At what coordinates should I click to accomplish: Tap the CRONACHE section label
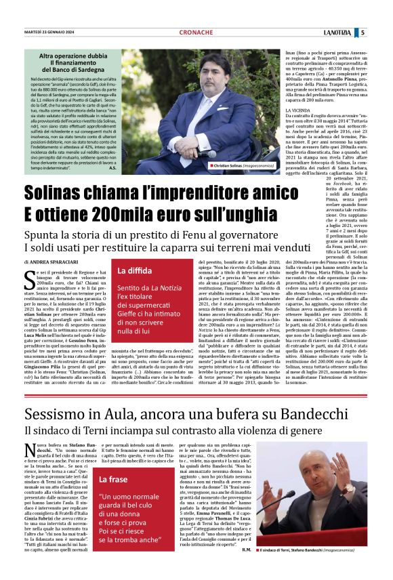[196, 32]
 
